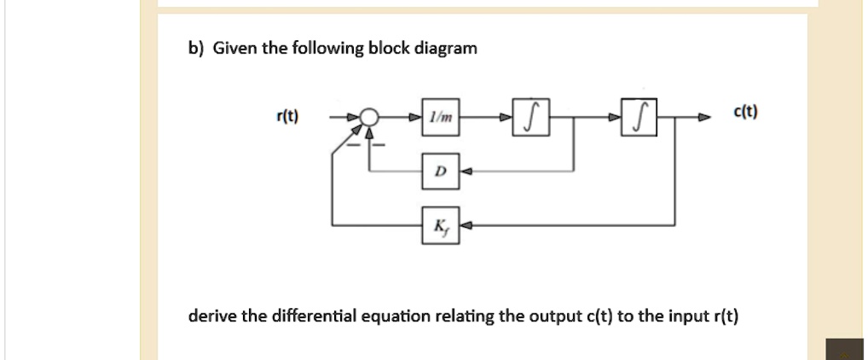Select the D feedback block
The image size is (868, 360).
point(440,171)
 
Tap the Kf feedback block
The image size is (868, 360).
point(440,225)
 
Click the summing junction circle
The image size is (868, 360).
point(368,118)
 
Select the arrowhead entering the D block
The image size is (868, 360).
point(466,171)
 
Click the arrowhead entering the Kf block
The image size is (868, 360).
point(466,225)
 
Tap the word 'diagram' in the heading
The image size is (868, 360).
point(446,49)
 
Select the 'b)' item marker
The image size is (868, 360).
point(196,49)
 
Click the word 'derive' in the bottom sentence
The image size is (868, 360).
point(212,317)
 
